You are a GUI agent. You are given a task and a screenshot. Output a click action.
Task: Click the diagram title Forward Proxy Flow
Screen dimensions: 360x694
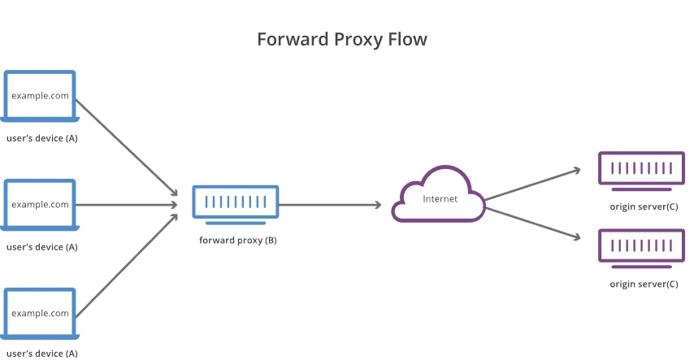pos(341,39)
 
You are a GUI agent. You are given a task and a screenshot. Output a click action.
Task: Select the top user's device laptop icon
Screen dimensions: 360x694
pos(40,98)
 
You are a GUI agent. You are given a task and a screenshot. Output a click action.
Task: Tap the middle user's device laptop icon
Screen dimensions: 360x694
pos(40,206)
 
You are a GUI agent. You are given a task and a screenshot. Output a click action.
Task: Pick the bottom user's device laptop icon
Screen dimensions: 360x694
pos(40,314)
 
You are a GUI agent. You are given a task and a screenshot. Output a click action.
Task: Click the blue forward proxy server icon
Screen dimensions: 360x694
pos(236,203)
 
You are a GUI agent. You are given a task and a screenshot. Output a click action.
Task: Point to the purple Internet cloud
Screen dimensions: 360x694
pos(439,196)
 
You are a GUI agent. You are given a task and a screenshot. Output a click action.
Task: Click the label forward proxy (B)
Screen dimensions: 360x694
pos(238,241)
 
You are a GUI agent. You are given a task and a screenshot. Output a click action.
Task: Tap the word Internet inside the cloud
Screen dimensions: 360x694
pos(440,198)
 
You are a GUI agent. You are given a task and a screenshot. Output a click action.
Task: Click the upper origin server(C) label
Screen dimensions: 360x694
pos(644,206)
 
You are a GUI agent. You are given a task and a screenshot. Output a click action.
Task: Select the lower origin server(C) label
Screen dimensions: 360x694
pos(644,284)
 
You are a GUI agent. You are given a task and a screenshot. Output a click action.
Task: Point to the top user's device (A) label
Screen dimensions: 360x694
pos(42,138)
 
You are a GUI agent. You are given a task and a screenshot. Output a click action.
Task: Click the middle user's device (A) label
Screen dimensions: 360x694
pos(42,246)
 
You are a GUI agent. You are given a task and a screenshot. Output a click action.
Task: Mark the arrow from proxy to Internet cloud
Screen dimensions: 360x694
pos(329,205)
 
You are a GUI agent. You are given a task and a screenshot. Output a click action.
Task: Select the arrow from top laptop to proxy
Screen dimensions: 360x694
pos(126,146)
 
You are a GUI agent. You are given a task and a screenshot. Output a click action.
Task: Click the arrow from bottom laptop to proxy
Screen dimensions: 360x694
pos(126,264)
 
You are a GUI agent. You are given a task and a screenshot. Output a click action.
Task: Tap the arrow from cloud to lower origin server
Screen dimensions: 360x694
pos(532,223)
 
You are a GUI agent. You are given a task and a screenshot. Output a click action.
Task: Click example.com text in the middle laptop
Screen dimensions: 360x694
pos(40,204)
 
